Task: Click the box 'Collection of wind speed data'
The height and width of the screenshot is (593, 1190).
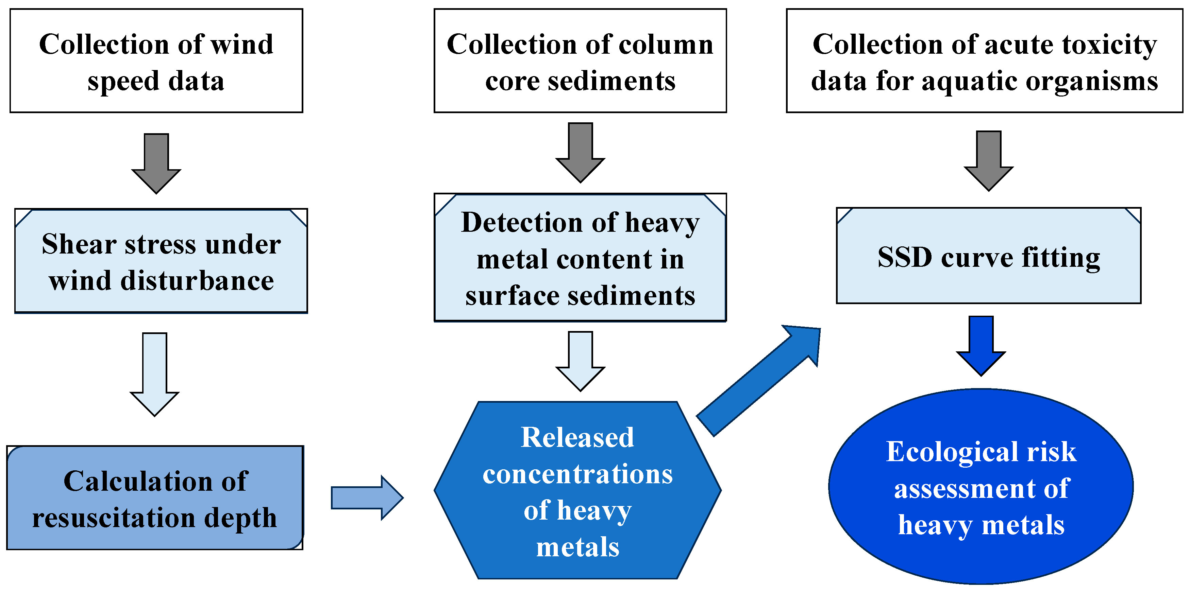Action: [156, 60]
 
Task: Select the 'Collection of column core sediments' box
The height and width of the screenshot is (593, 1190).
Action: [580, 60]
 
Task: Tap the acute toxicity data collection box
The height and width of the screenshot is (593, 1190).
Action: [985, 60]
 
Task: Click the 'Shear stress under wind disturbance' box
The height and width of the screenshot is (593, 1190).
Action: [161, 261]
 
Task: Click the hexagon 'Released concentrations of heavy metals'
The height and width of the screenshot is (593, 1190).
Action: [577, 490]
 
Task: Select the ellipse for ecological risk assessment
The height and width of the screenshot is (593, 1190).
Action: [981, 487]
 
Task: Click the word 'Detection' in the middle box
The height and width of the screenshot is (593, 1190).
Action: [522, 223]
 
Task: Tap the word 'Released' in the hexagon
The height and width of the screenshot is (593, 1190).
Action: [577, 437]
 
